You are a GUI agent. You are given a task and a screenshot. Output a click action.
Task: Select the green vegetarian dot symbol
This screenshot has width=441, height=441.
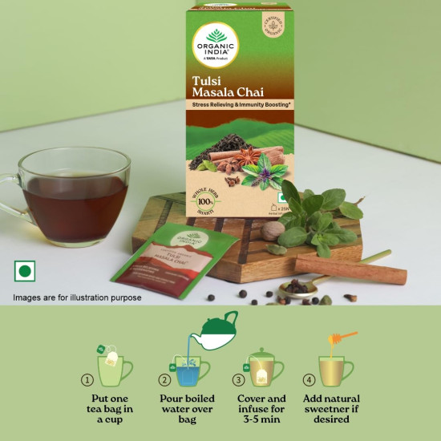(25, 272)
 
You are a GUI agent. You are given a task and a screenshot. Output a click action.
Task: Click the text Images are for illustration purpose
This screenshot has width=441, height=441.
(77, 297)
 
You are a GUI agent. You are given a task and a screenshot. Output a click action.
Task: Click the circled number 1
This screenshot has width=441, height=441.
(87, 380)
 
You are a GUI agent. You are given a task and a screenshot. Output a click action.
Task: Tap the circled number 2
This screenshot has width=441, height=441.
(164, 380)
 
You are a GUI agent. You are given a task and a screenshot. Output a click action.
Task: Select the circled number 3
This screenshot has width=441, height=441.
(238, 380)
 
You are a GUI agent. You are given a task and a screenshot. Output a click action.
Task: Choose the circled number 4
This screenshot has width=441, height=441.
(310, 380)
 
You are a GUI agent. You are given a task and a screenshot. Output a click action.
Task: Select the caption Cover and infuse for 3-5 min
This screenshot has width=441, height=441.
(261, 409)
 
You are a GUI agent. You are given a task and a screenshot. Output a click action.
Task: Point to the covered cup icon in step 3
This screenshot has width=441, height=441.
(261, 367)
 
